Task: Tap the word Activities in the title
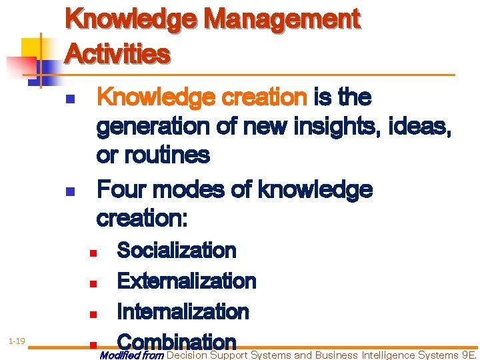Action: click(117, 53)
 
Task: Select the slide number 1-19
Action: click(17, 341)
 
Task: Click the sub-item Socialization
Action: click(176, 251)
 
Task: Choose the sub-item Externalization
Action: click(186, 281)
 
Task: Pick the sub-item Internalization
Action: click(183, 312)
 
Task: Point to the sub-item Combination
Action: click(176, 341)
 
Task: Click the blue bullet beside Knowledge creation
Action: click(69, 101)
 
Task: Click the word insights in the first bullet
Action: click(341, 127)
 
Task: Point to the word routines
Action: click(163, 155)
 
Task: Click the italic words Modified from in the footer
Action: click(131, 355)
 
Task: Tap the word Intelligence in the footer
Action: click(388, 355)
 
